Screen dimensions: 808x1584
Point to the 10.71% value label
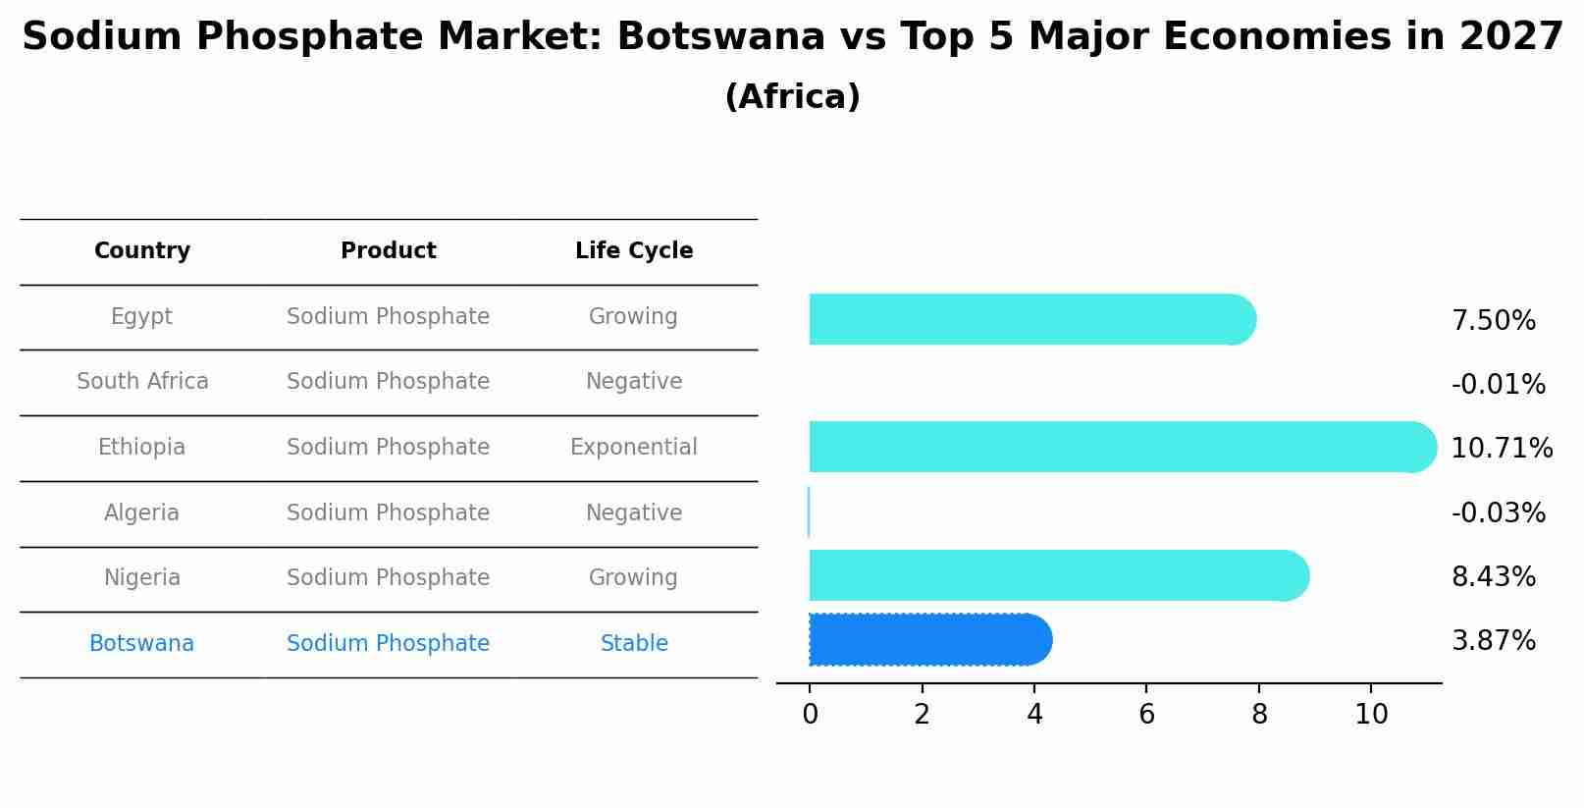[1502, 449]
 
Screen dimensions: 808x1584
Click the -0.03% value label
[1498, 513]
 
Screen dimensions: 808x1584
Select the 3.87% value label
[1493, 641]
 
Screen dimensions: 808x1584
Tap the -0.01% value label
[1498, 385]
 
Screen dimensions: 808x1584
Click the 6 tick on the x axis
[1146, 715]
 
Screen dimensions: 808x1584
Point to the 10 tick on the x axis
[1371, 715]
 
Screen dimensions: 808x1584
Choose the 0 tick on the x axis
[810, 715]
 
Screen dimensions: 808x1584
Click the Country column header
[142, 251]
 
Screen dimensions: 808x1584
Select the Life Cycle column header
[634, 251]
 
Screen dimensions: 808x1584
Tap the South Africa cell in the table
[142, 382]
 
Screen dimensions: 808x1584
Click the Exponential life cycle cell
[634, 448]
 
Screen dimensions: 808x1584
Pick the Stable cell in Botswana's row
[634, 644]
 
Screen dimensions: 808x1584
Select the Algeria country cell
[142, 513]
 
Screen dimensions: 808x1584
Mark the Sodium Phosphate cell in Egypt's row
[388, 317]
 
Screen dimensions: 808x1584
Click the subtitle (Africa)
[792, 97]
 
